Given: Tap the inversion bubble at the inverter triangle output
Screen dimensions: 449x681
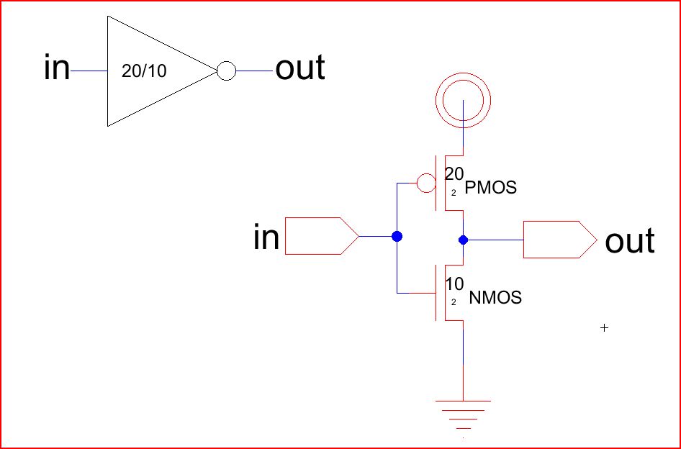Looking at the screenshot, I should (x=226, y=71).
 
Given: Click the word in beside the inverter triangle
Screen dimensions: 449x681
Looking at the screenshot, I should (x=57, y=69).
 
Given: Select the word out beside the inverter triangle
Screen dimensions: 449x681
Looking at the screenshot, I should (x=300, y=68).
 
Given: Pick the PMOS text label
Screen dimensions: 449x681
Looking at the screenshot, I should (x=491, y=189).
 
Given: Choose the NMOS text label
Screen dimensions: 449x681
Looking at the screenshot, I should (x=495, y=297).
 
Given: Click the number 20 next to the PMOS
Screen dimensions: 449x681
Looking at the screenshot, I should (x=454, y=174).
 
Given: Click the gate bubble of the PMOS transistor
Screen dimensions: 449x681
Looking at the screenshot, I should (x=425, y=183).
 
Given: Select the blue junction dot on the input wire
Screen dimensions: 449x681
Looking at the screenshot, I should (x=396, y=236).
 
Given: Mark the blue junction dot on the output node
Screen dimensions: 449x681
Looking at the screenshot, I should (x=463, y=239).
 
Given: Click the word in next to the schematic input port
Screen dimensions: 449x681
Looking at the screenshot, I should (x=266, y=237).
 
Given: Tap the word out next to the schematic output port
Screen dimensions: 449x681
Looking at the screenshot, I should (x=630, y=242).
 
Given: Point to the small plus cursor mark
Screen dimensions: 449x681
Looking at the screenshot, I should (x=604, y=328).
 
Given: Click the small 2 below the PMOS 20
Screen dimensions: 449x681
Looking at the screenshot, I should (x=454, y=193).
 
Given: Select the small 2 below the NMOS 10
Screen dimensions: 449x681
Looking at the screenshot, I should (x=454, y=301).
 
